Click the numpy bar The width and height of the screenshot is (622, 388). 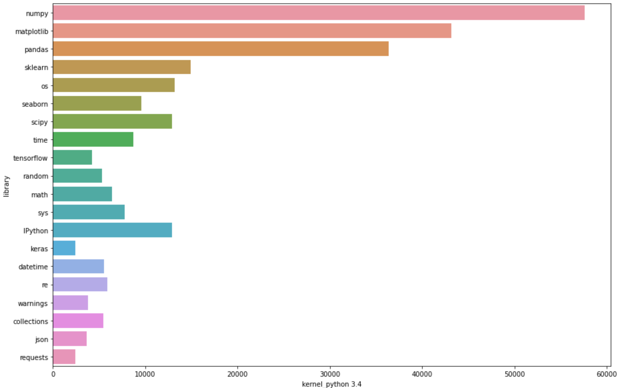(x=318, y=13)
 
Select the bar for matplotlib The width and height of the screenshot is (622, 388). (x=252, y=31)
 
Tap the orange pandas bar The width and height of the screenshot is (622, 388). (x=220, y=49)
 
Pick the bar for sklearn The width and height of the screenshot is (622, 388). (x=122, y=67)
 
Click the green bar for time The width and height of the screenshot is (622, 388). (x=93, y=139)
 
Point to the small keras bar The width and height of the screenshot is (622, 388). (x=64, y=248)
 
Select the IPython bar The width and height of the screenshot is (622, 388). (x=112, y=230)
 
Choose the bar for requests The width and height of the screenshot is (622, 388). (x=64, y=357)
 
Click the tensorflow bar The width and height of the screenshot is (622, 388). (x=72, y=157)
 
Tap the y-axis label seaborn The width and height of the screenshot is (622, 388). (x=35, y=104)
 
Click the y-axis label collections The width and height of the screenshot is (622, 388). (x=30, y=321)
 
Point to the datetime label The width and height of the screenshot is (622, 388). (x=33, y=267)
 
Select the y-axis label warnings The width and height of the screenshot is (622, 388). (x=33, y=303)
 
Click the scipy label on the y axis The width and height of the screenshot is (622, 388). (x=39, y=122)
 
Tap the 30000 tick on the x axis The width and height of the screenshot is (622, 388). (x=330, y=374)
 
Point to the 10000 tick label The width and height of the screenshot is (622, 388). (x=145, y=374)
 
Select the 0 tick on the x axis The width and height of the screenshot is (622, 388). (x=53, y=374)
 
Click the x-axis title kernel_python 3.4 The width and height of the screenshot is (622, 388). (x=331, y=384)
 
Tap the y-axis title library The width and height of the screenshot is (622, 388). (x=7, y=186)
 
